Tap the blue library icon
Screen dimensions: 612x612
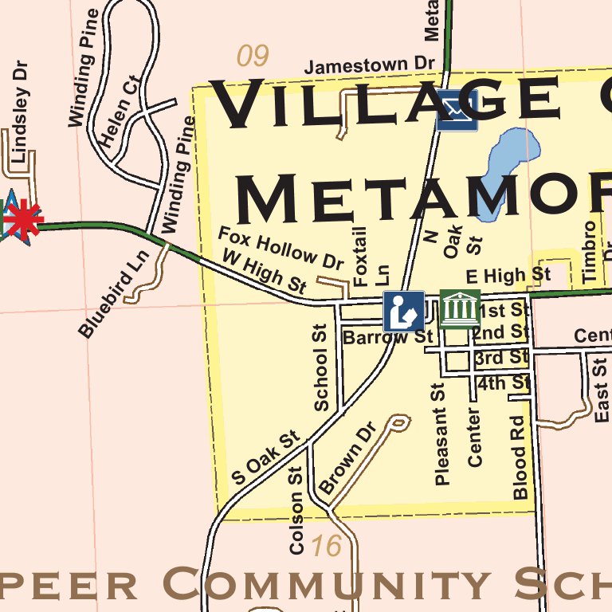[x=404, y=311]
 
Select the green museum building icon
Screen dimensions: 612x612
[x=460, y=308]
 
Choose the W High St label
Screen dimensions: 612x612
[x=264, y=271]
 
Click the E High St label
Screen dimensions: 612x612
[x=508, y=276]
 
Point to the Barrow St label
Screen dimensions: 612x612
[x=387, y=337]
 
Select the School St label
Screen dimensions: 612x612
[x=321, y=367]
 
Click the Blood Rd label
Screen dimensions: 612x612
[x=520, y=457]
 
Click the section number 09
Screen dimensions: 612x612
[x=253, y=56]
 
